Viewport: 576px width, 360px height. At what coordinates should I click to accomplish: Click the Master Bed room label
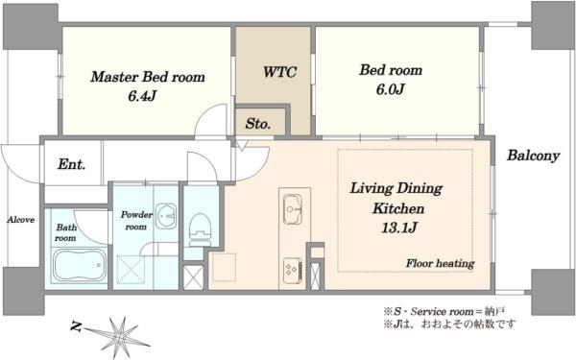point(148,77)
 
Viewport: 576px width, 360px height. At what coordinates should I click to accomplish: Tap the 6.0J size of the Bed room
point(390,89)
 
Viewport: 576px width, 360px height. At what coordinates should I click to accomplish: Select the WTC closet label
point(279,72)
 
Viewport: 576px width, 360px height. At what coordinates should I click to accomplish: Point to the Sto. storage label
point(258,124)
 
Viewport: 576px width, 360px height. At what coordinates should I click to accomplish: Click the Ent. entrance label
point(72,164)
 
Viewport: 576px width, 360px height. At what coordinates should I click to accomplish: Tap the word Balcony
point(534,156)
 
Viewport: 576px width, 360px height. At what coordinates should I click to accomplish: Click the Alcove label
point(21,220)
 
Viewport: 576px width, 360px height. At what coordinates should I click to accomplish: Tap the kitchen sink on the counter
point(293,209)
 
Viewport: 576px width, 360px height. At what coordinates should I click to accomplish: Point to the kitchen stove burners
point(293,271)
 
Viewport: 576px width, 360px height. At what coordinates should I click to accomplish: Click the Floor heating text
point(440,263)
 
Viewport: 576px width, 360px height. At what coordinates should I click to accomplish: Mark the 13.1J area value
point(399,228)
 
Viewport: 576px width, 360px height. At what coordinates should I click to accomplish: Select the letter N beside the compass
point(76,325)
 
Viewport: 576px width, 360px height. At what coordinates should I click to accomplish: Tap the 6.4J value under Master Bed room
point(142,96)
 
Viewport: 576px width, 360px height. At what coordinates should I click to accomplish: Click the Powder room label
point(136,221)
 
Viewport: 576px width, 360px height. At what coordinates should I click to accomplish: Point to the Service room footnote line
point(444,312)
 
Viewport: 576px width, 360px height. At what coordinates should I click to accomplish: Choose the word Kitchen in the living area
point(398,208)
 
